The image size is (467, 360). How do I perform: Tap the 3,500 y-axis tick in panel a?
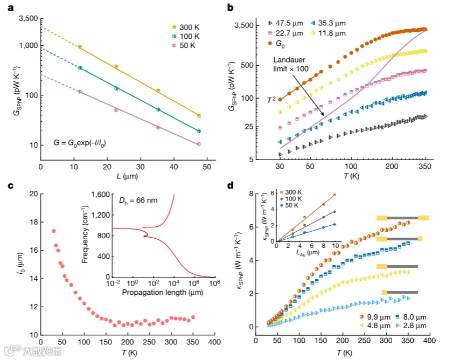coord(28,18)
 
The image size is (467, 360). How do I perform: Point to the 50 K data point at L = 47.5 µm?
coord(199,144)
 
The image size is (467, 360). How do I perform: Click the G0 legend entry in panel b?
coord(281,43)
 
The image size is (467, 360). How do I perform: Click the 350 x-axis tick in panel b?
coord(426,167)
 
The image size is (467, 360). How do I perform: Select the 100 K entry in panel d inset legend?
coord(293,199)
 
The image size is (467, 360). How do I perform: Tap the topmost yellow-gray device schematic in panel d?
coord(402,218)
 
